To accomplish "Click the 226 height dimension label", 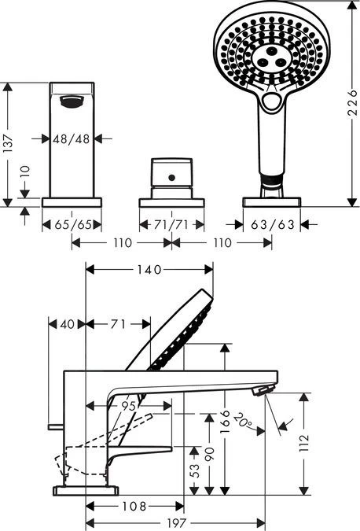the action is click(352, 102).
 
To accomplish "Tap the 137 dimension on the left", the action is click(7, 142).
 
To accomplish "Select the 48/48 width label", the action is click(72, 138).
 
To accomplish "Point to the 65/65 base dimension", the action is click(73, 224).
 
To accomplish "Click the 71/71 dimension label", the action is click(171, 224).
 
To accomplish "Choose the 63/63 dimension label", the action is click(273, 224).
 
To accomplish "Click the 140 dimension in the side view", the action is click(149, 270).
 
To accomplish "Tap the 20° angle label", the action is click(242, 419).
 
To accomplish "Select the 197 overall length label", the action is click(177, 523).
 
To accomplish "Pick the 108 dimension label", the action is click(134, 507).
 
